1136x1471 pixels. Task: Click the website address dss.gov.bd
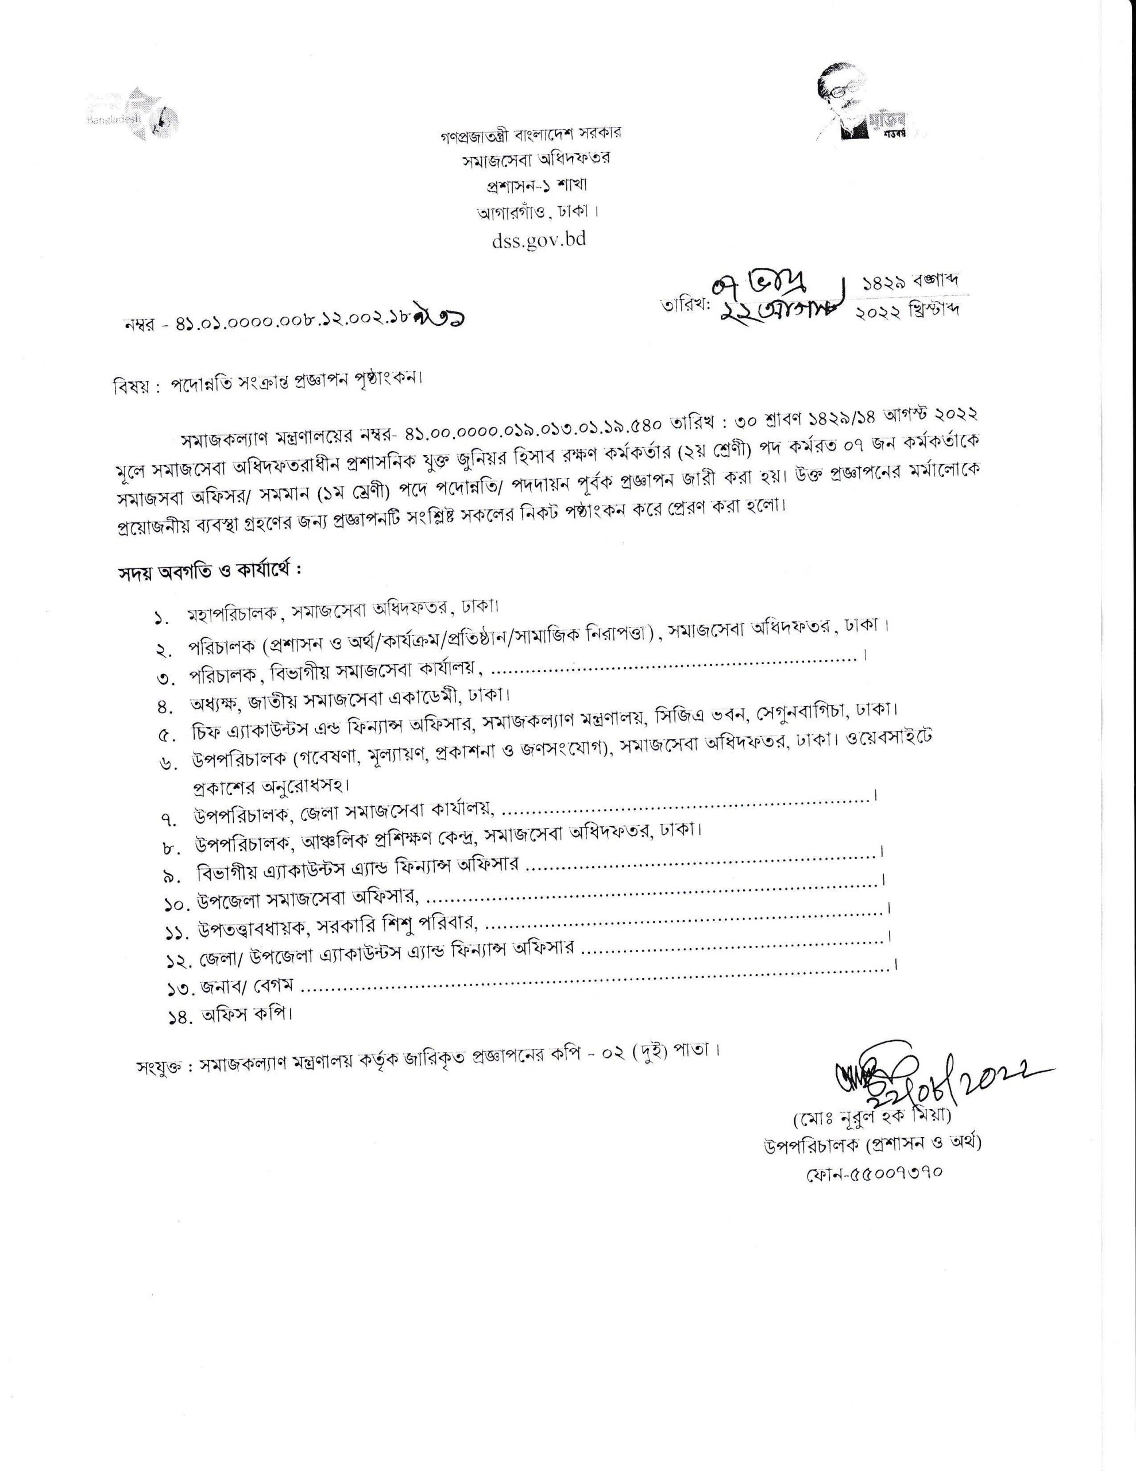(x=539, y=239)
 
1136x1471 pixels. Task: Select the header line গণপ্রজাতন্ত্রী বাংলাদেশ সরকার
(x=530, y=133)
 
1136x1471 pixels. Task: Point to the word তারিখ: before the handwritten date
(x=686, y=305)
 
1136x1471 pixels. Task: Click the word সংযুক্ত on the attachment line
(x=159, y=1068)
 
